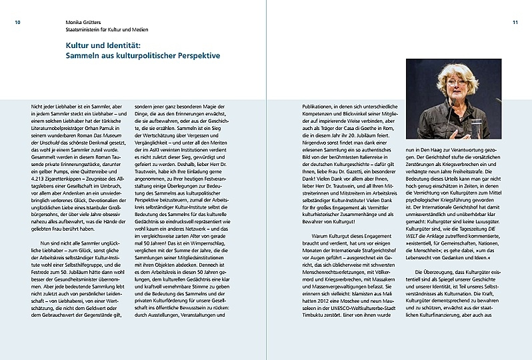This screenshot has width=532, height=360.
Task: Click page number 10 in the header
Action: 19,22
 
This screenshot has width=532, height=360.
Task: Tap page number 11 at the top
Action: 515,22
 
